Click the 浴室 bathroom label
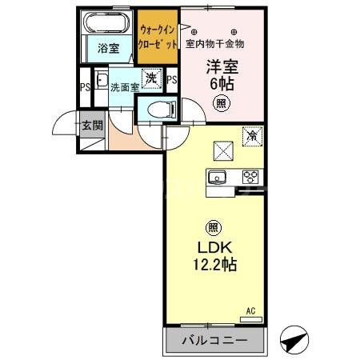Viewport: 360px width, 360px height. [108, 48]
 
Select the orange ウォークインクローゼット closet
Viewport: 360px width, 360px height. [157, 38]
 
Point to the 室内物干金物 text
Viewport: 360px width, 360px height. [214, 42]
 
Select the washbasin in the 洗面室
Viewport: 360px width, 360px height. [102, 79]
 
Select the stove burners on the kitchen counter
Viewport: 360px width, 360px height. [249, 177]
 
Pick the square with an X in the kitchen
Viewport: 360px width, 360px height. [222, 150]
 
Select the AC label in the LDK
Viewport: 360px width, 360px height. [250, 311]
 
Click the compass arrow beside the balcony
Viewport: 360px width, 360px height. [293, 341]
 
